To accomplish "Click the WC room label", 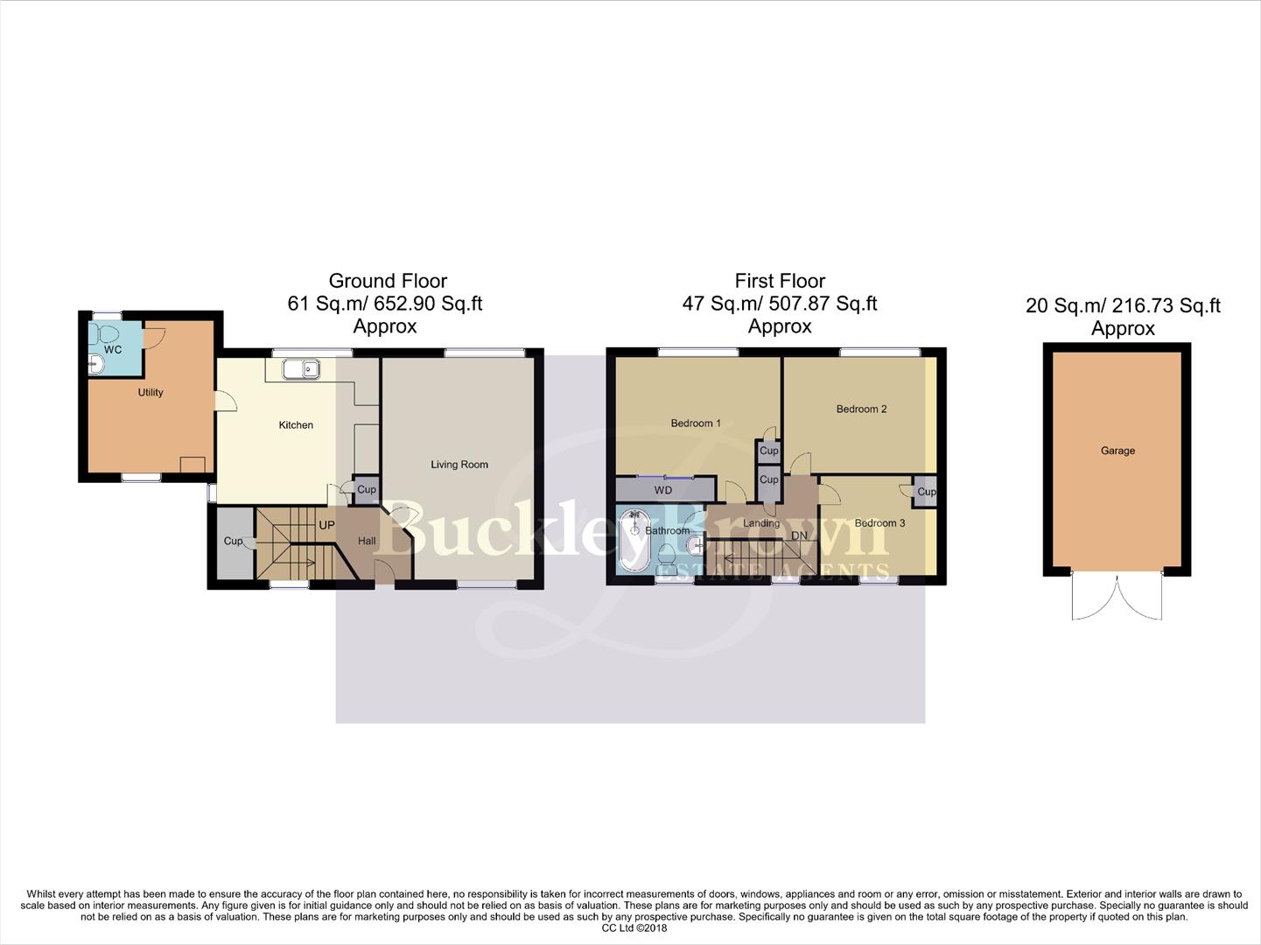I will (112, 350).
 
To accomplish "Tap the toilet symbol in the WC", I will (106, 333).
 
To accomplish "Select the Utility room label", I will (151, 393).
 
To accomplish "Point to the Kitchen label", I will (296, 425).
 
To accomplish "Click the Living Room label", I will (459, 465).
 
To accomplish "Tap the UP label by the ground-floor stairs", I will (326, 526).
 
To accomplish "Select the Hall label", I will (367, 541).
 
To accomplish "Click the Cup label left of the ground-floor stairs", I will (233, 541).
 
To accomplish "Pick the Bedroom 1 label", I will (696, 423).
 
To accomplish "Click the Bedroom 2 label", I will (861, 409).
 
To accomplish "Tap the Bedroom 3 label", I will (879, 523).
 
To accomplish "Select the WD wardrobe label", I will (663, 491).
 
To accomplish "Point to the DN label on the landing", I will (799, 535).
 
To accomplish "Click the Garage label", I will (1117, 451).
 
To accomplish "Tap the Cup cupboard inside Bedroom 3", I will (926, 491).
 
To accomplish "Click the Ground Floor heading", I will (388, 281).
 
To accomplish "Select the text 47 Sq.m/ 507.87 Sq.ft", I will (780, 304).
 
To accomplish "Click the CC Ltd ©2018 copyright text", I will (634, 928).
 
